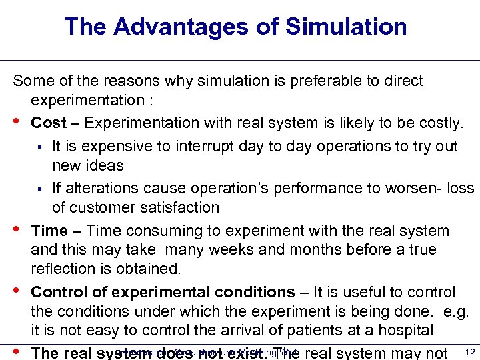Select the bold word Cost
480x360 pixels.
click(49, 123)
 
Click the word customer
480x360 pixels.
click(101, 207)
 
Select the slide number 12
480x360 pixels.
click(469, 352)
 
